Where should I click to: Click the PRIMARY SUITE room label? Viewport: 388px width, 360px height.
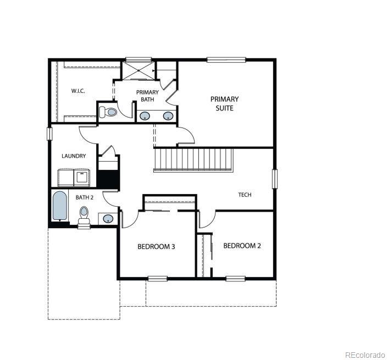(225, 103)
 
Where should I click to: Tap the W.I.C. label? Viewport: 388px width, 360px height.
(78, 91)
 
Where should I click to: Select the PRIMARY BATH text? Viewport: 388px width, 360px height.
(147, 96)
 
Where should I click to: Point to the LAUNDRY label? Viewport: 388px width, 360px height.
(74, 156)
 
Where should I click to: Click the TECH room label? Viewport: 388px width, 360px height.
(245, 195)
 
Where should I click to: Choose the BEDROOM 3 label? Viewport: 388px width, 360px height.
(156, 247)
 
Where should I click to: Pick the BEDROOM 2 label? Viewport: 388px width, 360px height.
(242, 246)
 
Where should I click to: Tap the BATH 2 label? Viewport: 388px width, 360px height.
(85, 197)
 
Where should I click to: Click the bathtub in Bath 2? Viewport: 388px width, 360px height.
(59, 206)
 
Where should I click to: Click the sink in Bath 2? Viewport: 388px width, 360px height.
(108, 219)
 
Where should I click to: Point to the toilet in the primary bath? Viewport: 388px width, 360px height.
(109, 112)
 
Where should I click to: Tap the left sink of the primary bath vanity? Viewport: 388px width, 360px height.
(146, 116)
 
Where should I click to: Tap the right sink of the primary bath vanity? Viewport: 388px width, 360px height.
(168, 116)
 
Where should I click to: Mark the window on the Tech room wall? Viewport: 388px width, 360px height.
(275, 179)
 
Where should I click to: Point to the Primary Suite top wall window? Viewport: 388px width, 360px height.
(225, 59)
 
